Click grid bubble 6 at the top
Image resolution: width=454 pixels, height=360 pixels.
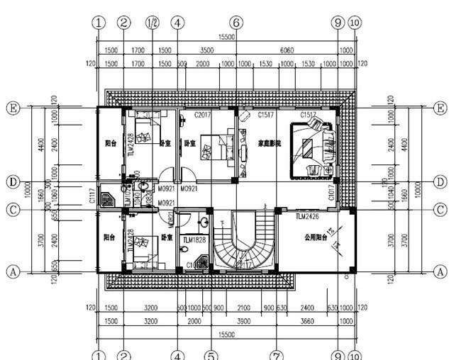[236, 22]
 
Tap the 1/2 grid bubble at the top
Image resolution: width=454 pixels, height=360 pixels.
[152, 22]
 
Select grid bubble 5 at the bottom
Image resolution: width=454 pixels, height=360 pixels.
[210, 354]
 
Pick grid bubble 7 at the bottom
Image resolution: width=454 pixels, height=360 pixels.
[277, 354]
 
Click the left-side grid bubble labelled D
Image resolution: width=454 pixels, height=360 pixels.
[12, 181]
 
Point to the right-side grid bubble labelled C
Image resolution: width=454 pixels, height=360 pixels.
[441, 210]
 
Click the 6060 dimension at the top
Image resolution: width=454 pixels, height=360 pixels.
[306, 51]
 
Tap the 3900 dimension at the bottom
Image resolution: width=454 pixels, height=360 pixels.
[243, 321]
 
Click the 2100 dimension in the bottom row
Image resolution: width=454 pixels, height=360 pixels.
[243, 308]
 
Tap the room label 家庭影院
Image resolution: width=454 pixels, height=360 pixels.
[270, 143]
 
